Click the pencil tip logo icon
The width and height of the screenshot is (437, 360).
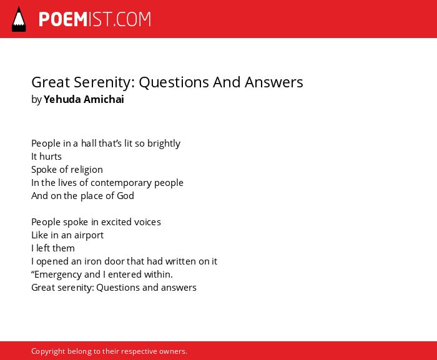click(x=19, y=19)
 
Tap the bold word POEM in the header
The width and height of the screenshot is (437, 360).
click(x=63, y=19)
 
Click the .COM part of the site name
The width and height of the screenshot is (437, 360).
click(x=132, y=19)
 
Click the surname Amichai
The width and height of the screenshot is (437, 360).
click(x=104, y=99)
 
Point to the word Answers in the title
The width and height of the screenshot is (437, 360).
click(x=274, y=82)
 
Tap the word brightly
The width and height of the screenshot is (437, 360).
click(x=164, y=144)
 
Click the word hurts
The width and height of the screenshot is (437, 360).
click(x=51, y=157)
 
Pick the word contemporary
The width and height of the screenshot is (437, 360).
click(x=121, y=183)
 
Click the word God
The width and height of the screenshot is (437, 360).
click(x=125, y=196)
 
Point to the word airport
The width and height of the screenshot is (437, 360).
click(x=89, y=235)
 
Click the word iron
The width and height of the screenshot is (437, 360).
click(x=91, y=261)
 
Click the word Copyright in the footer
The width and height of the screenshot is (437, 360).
click(x=48, y=351)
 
